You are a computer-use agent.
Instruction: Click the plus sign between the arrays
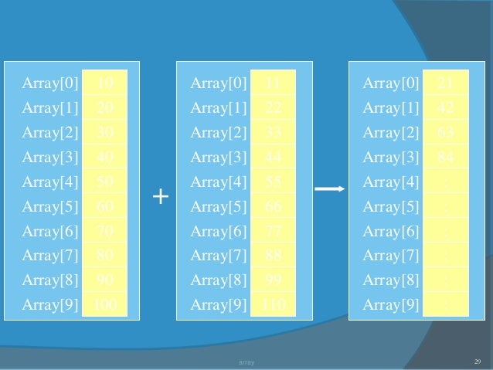[160, 197]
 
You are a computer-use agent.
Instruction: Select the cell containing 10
[105, 82]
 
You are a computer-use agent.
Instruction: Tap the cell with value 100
[105, 304]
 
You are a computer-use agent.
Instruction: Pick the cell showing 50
[105, 182]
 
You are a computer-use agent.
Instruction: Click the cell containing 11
[273, 82]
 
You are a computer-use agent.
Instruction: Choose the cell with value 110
[273, 304]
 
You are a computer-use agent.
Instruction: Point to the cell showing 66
[273, 207]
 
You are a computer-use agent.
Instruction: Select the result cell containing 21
[446, 82]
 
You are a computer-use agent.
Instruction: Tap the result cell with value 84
[446, 158]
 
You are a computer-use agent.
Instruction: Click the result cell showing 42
[446, 107]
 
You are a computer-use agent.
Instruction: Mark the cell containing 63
[446, 132]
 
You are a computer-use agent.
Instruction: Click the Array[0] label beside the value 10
[50, 83]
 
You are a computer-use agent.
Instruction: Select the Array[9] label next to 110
[219, 304]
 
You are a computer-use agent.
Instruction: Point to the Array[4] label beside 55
[219, 182]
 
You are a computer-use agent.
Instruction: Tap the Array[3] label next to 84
[391, 158]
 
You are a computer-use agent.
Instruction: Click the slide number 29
[477, 361]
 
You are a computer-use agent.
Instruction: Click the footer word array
[246, 362]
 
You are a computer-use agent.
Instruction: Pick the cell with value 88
[273, 256]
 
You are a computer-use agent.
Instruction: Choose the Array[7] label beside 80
[50, 256]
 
